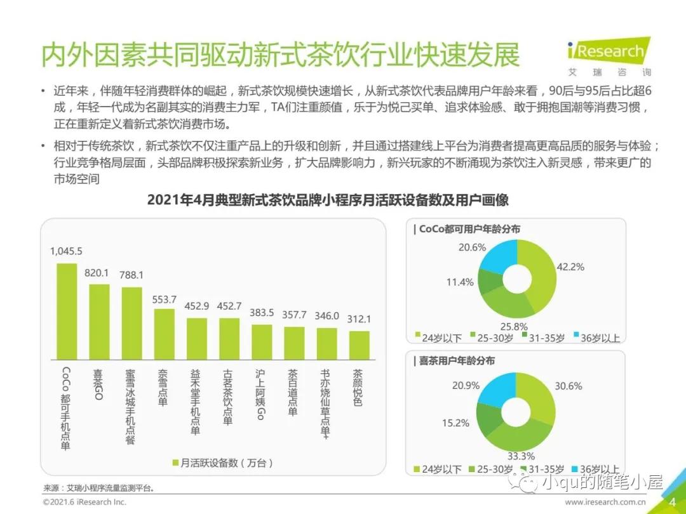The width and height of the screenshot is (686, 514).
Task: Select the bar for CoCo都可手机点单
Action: click(67, 310)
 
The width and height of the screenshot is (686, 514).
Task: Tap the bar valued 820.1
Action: click(99, 320)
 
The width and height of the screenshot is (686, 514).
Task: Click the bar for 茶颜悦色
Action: click(359, 345)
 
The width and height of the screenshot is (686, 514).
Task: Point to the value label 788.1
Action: click(131, 275)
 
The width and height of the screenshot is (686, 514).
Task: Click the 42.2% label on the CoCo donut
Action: click(570, 267)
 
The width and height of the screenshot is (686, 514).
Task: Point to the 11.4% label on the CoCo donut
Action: click(459, 282)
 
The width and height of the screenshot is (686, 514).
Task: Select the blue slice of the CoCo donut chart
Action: click(498, 257)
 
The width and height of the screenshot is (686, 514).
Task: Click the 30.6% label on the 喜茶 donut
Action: click(568, 386)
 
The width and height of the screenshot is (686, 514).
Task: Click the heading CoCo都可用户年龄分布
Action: click(469, 229)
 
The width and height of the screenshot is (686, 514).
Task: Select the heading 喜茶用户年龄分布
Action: click(456, 360)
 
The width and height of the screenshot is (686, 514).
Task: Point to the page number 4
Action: click(672, 502)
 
